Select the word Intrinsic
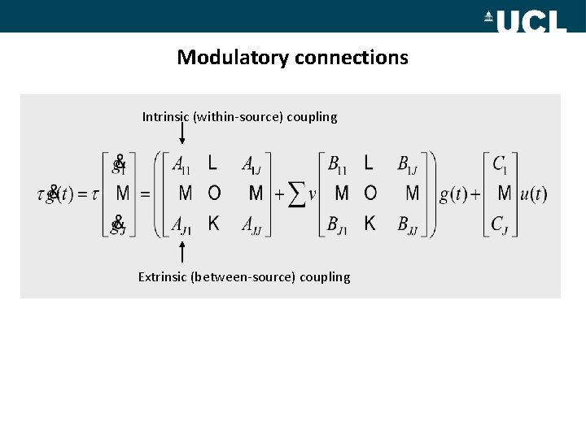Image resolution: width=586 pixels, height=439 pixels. [x=166, y=117]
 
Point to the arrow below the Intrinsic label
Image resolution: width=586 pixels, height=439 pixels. [x=181, y=133]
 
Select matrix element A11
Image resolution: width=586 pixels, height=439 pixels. [x=181, y=164]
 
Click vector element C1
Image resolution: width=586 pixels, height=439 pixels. [x=501, y=164]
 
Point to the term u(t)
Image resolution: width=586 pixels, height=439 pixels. [x=533, y=195]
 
